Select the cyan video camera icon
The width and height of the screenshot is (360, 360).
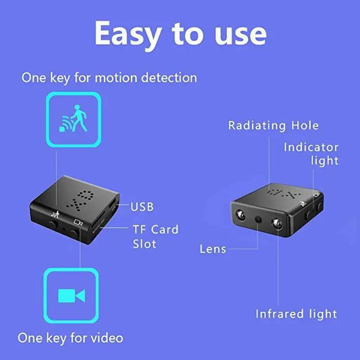(x=72, y=295)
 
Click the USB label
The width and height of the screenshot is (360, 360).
(x=142, y=207)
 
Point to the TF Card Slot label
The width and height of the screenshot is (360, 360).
(x=155, y=237)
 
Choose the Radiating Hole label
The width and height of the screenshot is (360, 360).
(x=273, y=125)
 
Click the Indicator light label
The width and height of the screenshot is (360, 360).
(x=311, y=153)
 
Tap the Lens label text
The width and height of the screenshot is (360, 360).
(x=213, y=249)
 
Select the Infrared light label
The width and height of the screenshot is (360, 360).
(x=296, y=314)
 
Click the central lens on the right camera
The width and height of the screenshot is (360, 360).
(x=258, y=219)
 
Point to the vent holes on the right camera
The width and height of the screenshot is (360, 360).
(x=282, y=193)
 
